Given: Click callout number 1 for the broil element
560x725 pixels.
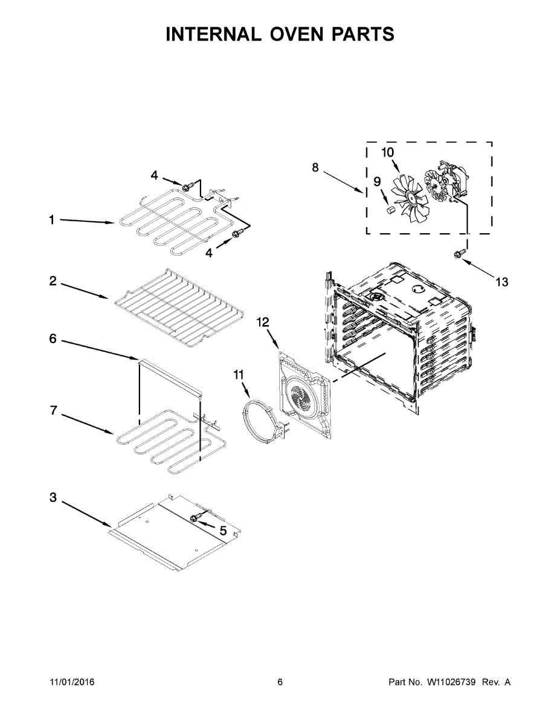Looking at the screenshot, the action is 52,221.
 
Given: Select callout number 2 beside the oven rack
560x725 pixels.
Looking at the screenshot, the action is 53,281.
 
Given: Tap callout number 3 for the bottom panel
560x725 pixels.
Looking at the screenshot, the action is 53,498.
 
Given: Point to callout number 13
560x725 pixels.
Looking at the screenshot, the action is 502,282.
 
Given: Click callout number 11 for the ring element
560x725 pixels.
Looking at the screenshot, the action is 239,375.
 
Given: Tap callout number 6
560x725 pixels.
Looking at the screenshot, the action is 53,340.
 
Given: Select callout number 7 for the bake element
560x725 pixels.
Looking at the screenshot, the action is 53,411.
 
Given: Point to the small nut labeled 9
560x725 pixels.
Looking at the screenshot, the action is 390,209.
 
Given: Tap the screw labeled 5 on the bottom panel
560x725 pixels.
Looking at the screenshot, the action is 195,518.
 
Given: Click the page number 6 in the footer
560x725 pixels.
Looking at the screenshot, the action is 280,682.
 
